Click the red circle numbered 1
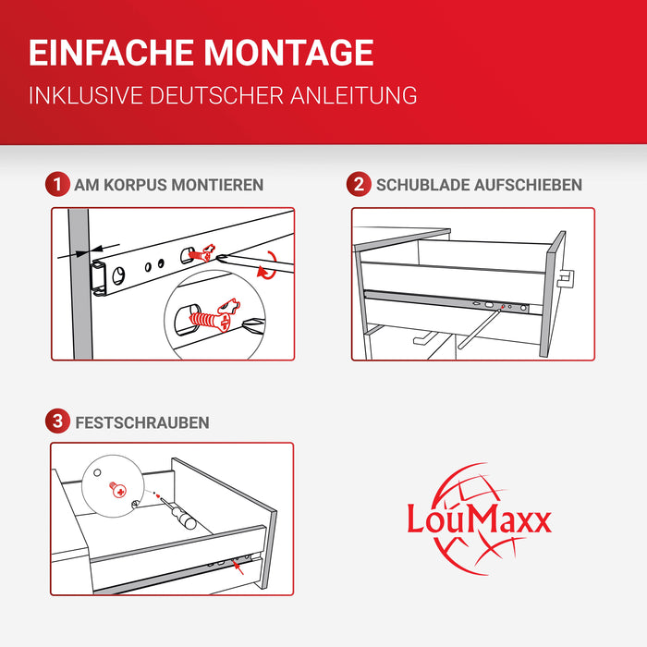click(x=57, y=185)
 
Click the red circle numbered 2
click(x=358, y=185)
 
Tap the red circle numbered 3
click(x=57, y=422)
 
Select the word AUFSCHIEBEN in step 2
click(x=528, y=185)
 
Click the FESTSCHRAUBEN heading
click(x=142, y=422)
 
